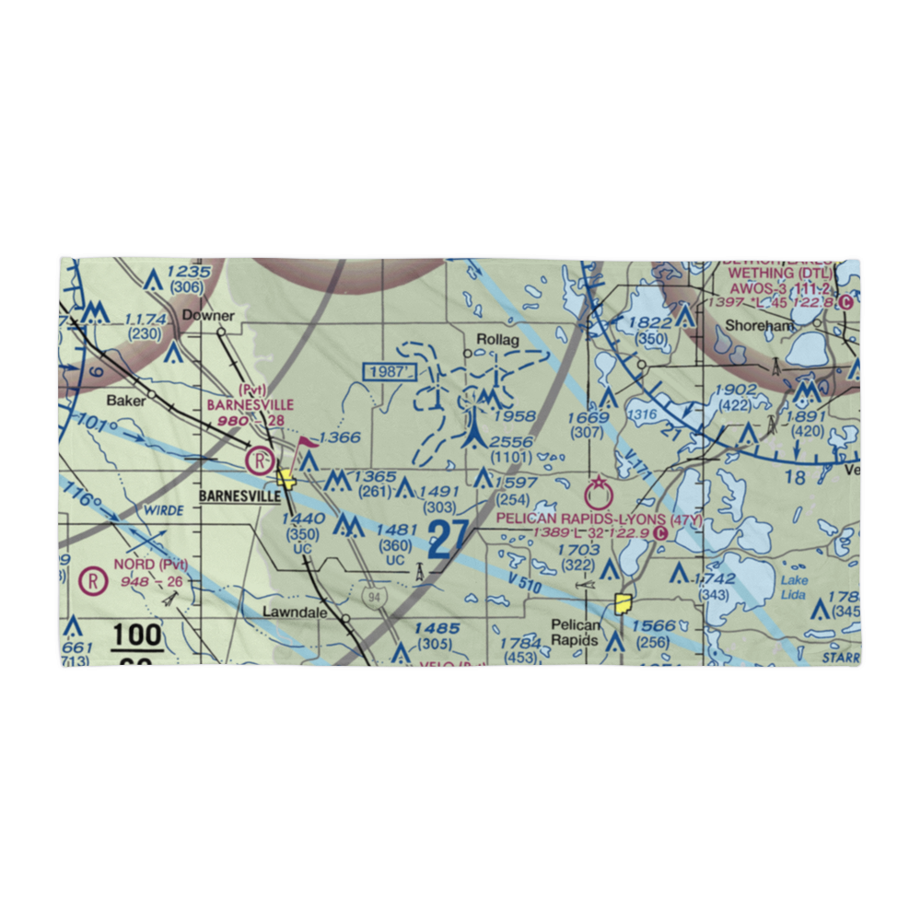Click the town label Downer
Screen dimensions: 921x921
tap(208, 316)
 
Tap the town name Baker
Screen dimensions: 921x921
tap(126, 400)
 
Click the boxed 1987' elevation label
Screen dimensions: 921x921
tap(391, 371)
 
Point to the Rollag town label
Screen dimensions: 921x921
tap(498, 340)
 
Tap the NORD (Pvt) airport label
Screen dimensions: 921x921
tap(151, 565)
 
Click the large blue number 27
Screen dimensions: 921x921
tap(449, 539)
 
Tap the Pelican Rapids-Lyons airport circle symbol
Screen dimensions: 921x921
tap(600, 491)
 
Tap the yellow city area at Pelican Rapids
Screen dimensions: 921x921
tap(624, 605)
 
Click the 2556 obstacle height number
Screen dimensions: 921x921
tap(511, 442)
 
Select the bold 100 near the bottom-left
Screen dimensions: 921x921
tap(137, 635)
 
